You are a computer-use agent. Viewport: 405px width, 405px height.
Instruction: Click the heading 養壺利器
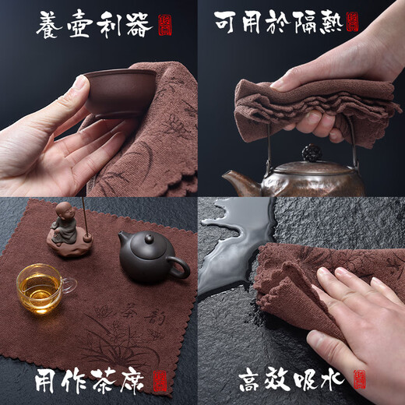pyautogui.click(x=93, y=25)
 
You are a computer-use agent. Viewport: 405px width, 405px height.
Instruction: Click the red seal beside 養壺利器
pyautogui.click(x=164, y=25)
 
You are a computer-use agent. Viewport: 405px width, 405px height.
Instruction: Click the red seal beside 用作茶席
pyautogui.click(x=161, y=381)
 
